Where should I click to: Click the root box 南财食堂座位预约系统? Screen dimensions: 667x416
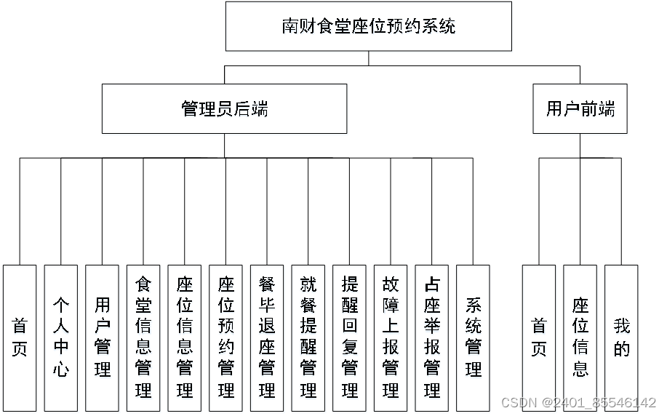368,26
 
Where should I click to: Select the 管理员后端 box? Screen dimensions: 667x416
224,109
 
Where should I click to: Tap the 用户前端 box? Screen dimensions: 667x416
580,109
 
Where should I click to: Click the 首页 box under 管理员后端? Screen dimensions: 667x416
20,337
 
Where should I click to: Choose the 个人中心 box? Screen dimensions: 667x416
61,337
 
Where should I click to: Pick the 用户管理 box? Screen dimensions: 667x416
102,337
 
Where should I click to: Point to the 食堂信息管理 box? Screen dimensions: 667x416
143,337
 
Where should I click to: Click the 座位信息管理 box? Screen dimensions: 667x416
185,337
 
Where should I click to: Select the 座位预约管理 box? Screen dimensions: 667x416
225,337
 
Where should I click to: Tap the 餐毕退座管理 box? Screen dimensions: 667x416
267,337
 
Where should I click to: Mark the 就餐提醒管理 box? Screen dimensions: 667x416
308,337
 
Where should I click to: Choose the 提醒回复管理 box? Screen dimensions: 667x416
349,337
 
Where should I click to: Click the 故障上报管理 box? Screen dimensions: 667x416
391,337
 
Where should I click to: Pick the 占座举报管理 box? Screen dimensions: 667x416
432,337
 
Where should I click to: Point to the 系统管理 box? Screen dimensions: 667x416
473,337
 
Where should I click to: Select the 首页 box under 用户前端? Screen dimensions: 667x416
539,337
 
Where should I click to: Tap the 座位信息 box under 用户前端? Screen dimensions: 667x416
580,337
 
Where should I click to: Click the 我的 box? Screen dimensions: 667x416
621,337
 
